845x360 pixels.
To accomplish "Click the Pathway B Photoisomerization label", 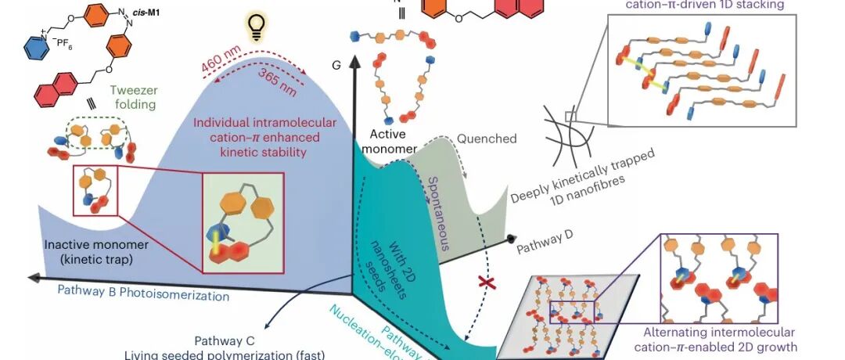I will (143, 297).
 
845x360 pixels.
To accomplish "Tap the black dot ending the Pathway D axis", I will (511, 238).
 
